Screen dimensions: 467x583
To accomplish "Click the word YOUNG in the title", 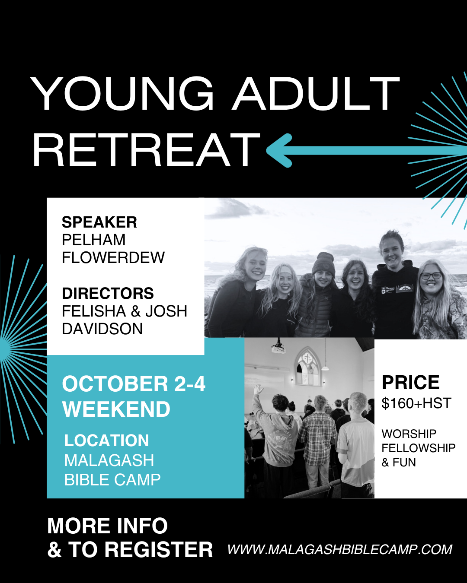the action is (122, 93).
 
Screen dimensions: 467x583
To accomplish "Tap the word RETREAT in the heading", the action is (146, 149).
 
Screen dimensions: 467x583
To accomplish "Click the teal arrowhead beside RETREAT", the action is (279, 150).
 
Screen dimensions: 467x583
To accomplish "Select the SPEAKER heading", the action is (99, 222).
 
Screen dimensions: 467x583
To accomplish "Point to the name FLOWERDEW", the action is (113, 257).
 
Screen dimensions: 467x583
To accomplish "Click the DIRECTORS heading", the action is (108, 293).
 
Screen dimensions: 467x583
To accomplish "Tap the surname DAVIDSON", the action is (102, 329).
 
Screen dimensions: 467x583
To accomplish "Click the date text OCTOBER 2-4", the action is (134, 384).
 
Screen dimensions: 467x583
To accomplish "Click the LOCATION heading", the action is (107, 440).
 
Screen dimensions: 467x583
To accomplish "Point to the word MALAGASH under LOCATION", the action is (109, 460).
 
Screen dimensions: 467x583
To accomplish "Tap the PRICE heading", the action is (410, 383).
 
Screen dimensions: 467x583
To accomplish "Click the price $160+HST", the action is (416, 403).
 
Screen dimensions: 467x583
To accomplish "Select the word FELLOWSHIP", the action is (419, 448).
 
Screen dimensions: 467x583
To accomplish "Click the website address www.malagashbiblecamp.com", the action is (340, 549).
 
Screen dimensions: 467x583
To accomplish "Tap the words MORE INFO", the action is (108, 526).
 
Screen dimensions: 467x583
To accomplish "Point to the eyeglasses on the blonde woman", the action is (431, 276).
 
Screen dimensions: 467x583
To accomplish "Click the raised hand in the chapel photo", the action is (258, 390).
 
